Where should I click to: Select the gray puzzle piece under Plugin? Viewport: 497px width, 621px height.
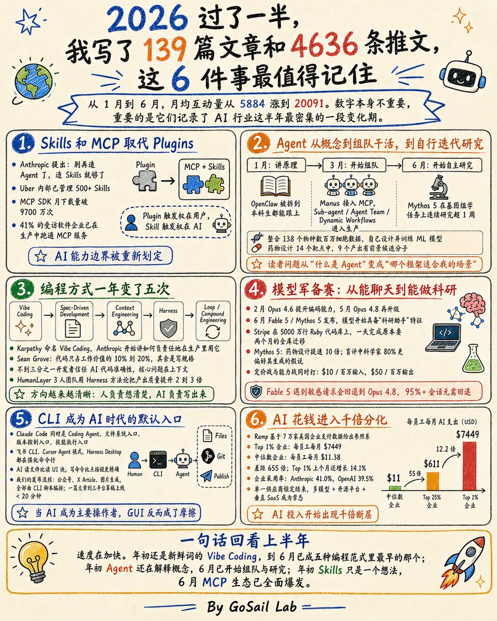pos(144,181)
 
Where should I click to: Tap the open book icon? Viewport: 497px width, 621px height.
pos(275,186)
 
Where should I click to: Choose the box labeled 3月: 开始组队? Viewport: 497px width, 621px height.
pos(354,165)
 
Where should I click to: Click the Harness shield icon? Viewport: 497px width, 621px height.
pos(169,328)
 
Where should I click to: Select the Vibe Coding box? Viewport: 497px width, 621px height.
pos(25,321)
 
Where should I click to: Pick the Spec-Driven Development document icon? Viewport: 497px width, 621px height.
pos(73,329)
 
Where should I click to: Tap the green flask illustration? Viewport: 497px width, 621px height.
pos(473,359)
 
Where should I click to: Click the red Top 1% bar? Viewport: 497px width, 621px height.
pos(469,466)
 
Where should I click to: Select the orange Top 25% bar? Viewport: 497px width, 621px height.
pos(433,481)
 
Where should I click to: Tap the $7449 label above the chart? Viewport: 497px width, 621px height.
pos(467,434)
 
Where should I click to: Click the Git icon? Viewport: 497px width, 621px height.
pos(208,456)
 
